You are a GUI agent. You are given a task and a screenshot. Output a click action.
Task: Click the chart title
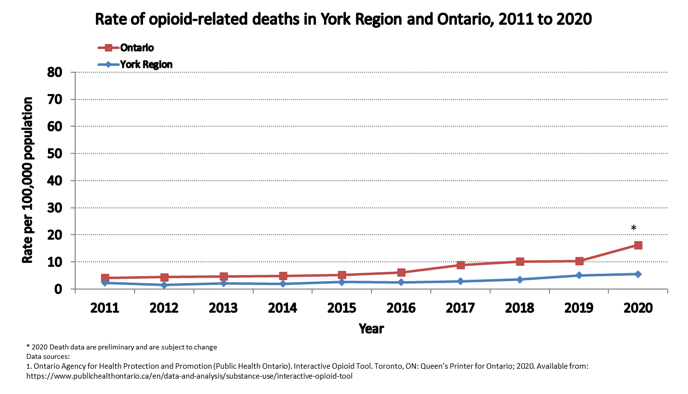(x=343, y=19)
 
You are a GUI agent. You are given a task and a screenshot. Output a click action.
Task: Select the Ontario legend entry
(x=137, y=48)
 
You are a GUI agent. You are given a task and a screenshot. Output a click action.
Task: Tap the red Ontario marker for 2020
(x=638, y=245)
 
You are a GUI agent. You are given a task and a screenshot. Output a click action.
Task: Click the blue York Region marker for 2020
(x=638, y=274)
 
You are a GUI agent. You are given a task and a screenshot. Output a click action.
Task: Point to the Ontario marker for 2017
(x=460, y=265)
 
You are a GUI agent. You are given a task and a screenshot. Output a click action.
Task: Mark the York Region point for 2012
(x=164, y=285)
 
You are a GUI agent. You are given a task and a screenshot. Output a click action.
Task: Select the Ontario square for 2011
(x=105, y=278)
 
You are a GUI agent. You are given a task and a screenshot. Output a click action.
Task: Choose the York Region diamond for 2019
(x=579, y=275)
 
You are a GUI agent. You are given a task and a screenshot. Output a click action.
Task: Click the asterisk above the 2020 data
(x=633, y=228)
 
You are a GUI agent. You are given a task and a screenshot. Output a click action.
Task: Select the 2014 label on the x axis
(x=282, y=308)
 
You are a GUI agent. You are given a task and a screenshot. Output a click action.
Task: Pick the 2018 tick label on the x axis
(x=519, y=308)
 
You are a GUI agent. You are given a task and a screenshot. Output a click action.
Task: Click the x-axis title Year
(x=371, y=328)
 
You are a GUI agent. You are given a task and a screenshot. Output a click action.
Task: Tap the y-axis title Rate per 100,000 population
(x=28, y=180)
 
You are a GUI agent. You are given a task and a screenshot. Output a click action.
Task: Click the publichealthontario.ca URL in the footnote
(x=189, y=376)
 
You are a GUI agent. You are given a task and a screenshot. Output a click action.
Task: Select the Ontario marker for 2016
(x=401, y=272)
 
